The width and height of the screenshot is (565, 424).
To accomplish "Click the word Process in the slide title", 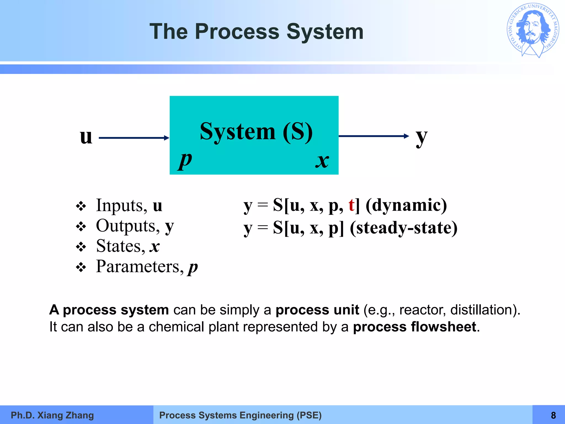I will [237, 32].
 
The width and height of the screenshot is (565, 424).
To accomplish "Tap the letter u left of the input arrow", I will [86, 137].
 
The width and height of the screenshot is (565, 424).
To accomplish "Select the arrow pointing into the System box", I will [134, 138].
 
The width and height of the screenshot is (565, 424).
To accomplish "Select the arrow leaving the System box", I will [374, 136].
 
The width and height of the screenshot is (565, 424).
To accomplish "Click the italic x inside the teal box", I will [322, 161].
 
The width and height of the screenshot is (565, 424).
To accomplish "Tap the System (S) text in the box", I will [256, 132].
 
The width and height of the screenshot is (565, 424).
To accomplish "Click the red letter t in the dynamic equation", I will [351, 205].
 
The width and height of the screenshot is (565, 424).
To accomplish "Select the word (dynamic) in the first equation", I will [406, 205].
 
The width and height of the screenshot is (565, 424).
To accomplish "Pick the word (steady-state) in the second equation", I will [403, 228].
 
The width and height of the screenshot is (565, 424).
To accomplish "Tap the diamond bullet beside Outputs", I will [81, 227].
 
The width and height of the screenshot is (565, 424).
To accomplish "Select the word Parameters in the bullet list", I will [140, 266].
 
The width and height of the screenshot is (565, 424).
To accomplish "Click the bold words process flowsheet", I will [415, 327].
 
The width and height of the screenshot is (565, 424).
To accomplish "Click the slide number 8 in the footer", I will [553, 415].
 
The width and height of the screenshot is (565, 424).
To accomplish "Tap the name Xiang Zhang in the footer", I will [66, 415].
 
